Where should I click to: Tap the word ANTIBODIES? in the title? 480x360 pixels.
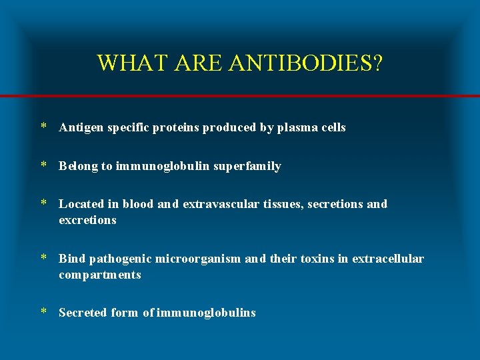[x=306, y=63]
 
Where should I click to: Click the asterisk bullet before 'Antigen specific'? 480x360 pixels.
[x=43, y=127]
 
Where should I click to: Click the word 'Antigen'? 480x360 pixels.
[x=79, y=127]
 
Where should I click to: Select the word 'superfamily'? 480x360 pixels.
[x=248, y=166]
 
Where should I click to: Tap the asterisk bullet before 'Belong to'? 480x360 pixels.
[x=43, y=165]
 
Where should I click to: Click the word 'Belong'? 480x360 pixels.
[x=79, y=166]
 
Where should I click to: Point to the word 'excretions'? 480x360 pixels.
[x=87, y=220]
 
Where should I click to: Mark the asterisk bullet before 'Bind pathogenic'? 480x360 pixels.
[x=43, y=258]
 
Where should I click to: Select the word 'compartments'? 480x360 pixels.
[x=100, y=275]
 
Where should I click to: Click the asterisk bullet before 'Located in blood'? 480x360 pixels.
[x=43, y=203]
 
